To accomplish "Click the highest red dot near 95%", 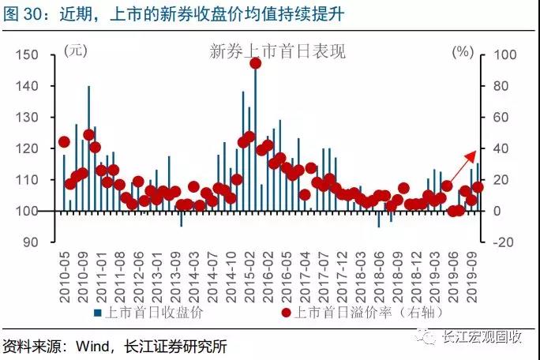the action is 256,63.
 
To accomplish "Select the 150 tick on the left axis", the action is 27,54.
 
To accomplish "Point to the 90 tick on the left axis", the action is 31,242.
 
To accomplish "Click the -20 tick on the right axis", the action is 504,242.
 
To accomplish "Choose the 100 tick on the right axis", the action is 505,54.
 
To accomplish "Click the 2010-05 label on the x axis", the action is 65,277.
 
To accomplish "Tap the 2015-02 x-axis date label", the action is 249,277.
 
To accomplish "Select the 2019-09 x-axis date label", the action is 471,277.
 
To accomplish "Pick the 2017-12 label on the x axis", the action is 342,277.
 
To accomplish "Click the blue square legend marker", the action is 98,313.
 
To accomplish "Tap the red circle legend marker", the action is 286,313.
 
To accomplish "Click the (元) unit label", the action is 76,51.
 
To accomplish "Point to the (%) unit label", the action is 463,51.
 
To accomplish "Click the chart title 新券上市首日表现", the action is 278,51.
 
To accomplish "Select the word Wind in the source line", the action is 92,346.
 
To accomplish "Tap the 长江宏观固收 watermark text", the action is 482,336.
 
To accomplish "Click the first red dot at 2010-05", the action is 65,141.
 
